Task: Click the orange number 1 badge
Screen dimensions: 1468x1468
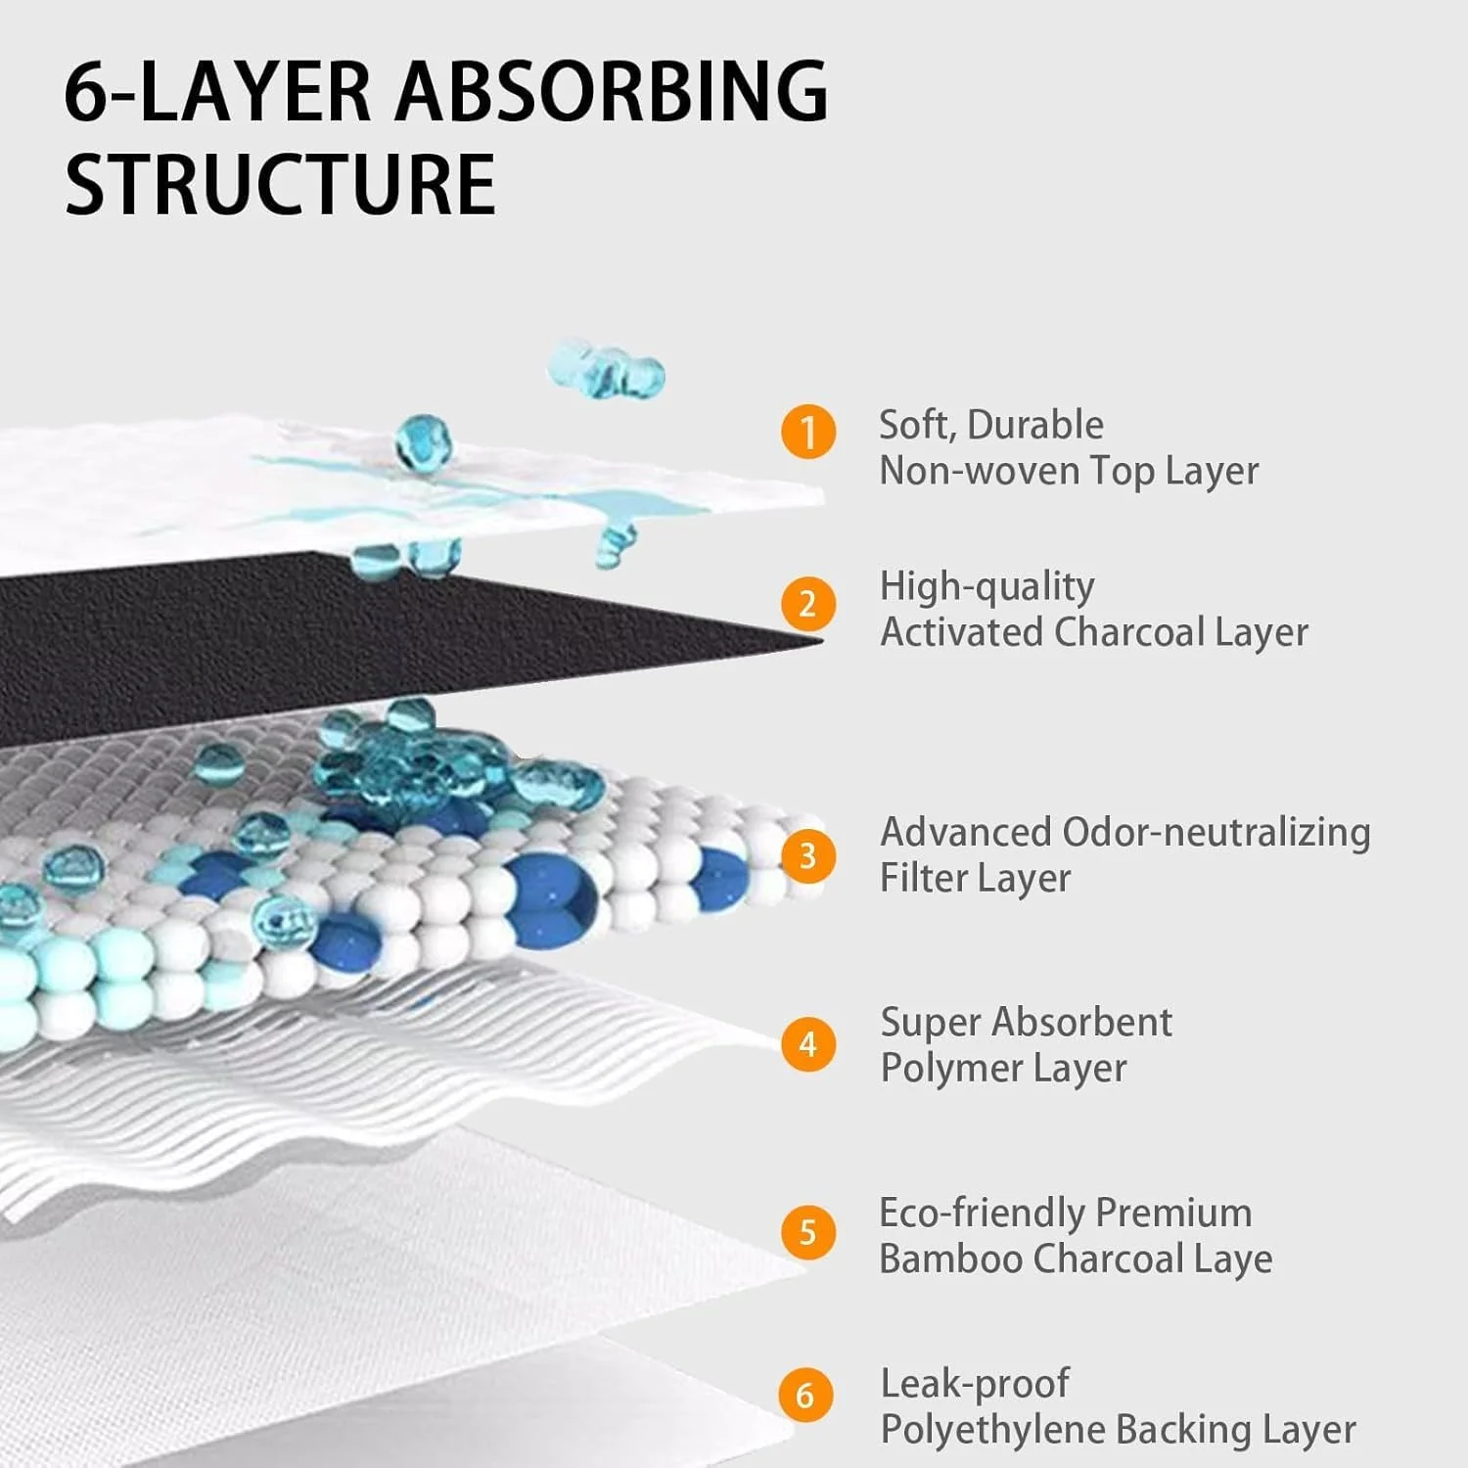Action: click(x=808, y=432)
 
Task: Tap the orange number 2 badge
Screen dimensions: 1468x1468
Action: click(x=808, y=604)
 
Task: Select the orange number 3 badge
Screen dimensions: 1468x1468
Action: click(x=808, y=856)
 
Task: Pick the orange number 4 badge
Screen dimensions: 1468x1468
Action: click(x=808, y=1044)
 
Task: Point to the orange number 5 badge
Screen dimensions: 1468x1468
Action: click(x=808, y=1232)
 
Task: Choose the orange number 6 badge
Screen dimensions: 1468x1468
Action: click(x=806, y=1395)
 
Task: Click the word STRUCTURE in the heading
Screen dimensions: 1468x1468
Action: click(x=280, y=185)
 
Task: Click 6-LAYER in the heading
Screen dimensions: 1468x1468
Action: click(x=217, y=91)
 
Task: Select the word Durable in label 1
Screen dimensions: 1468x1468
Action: click(x=1034, y=425)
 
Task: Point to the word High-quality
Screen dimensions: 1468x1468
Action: click(x=986, y=587)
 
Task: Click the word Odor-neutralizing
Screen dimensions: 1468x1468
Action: click(x=1216, y=832)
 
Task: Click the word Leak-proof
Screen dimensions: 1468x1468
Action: click(x=975, y=1384)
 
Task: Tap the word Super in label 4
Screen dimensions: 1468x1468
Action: click(x=930, y=1023)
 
